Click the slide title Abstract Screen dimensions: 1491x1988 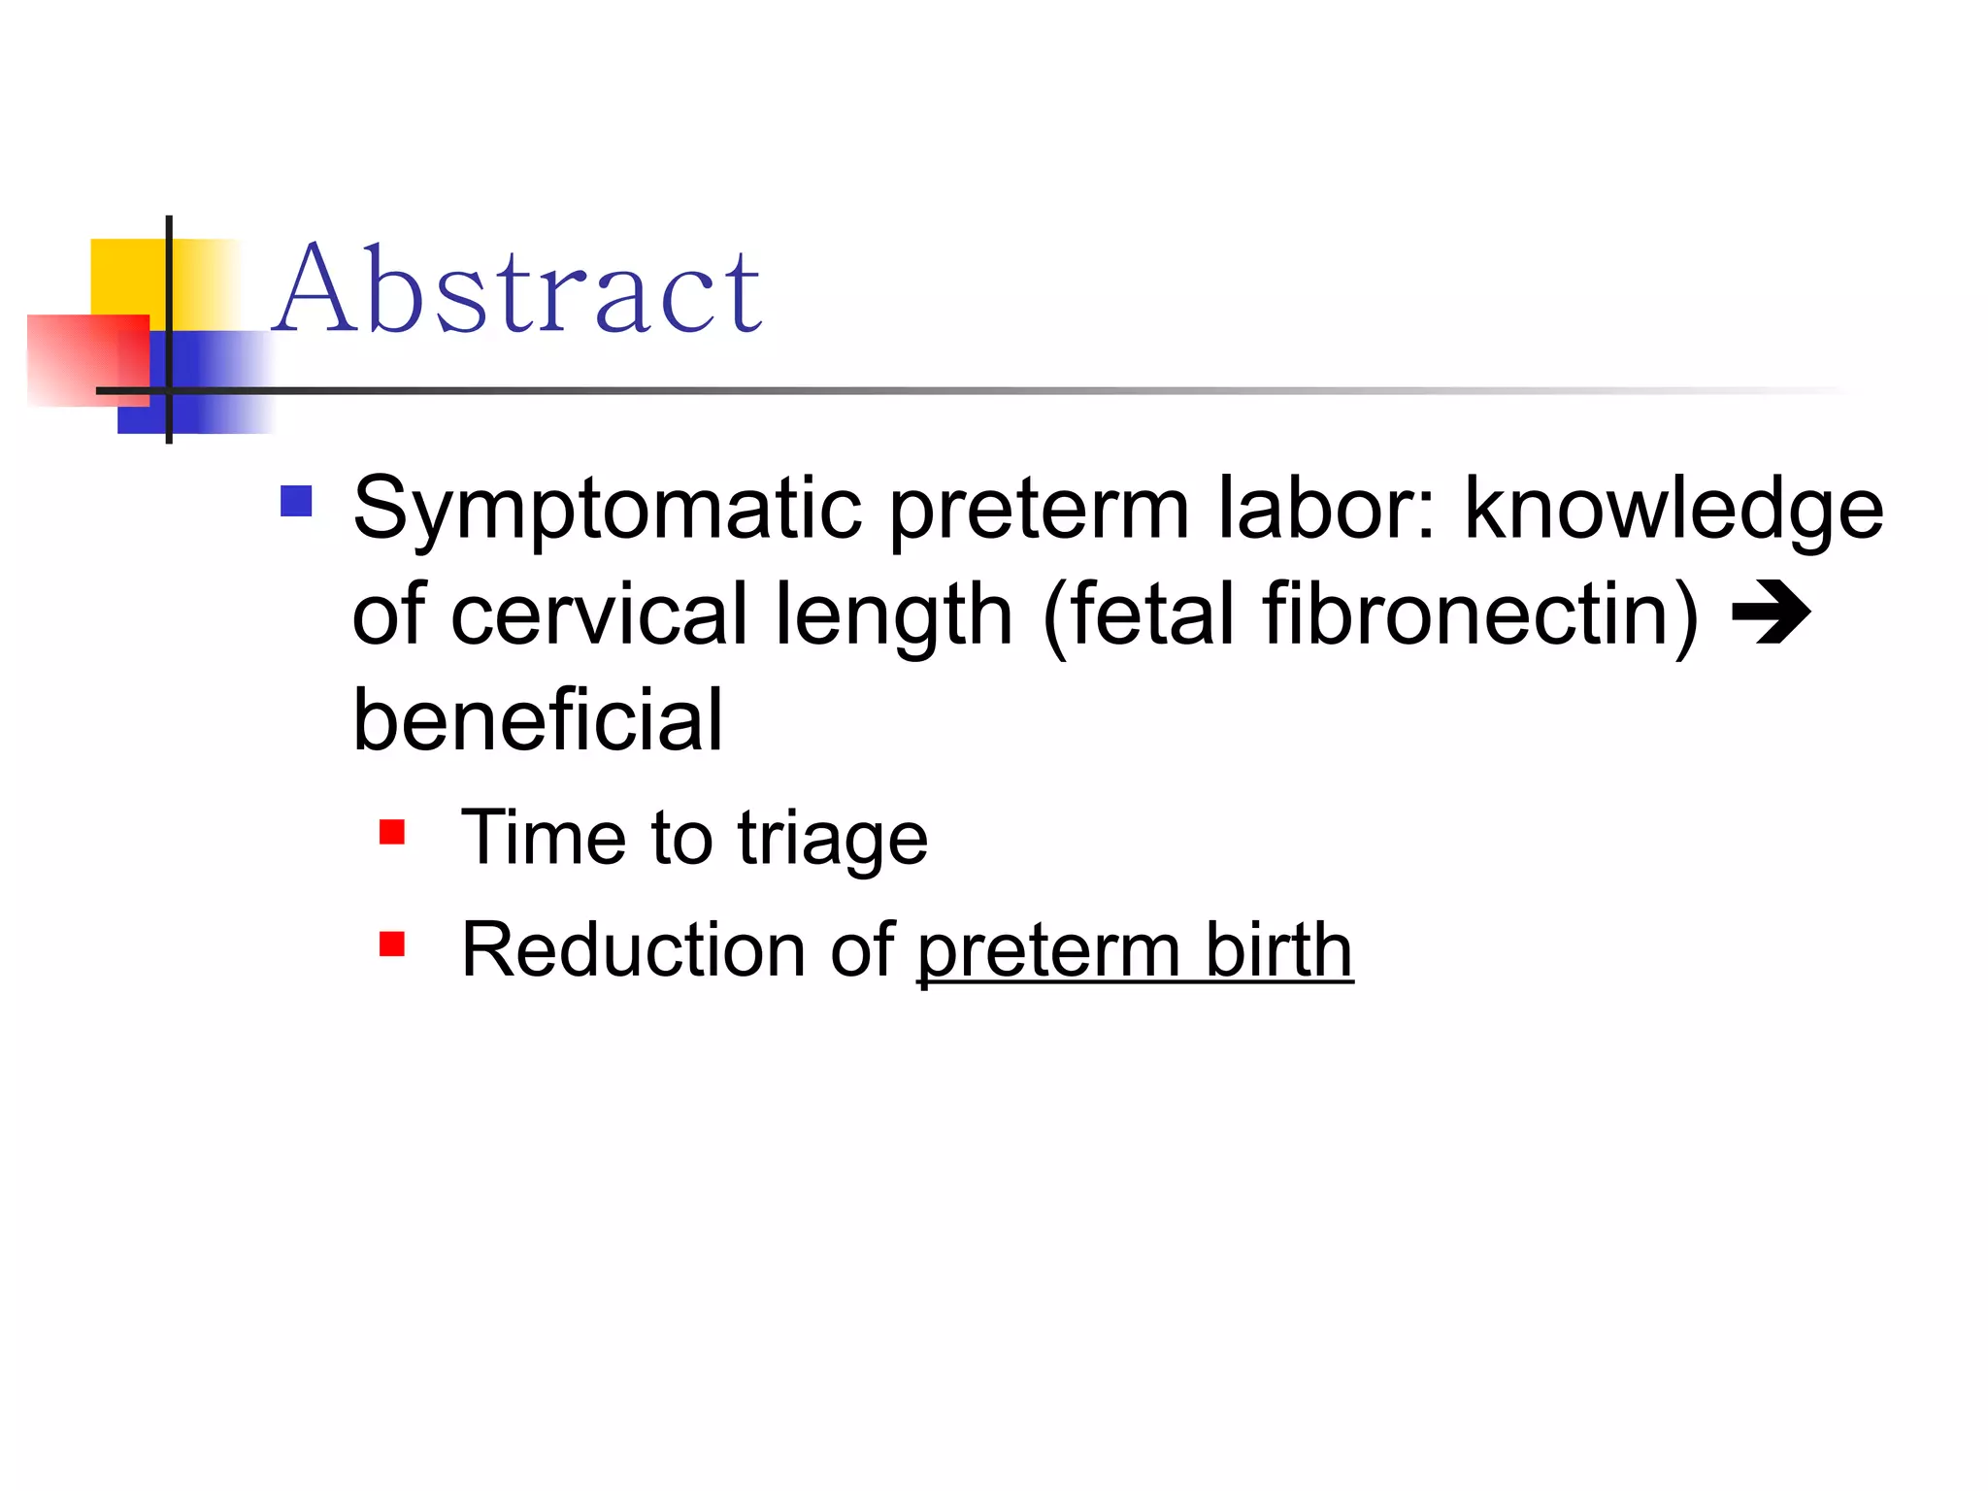point(517,289)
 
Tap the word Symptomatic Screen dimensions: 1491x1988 point(607,509)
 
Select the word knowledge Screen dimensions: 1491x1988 point(1673,509)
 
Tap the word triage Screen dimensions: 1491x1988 point(832,838)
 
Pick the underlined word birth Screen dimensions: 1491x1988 point(1278,949)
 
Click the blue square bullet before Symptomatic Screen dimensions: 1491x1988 point(296,501)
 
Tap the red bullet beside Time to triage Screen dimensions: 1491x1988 point(392,832)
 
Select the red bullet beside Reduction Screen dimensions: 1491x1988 point(392,944)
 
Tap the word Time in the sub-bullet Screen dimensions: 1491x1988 point(544,838)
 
